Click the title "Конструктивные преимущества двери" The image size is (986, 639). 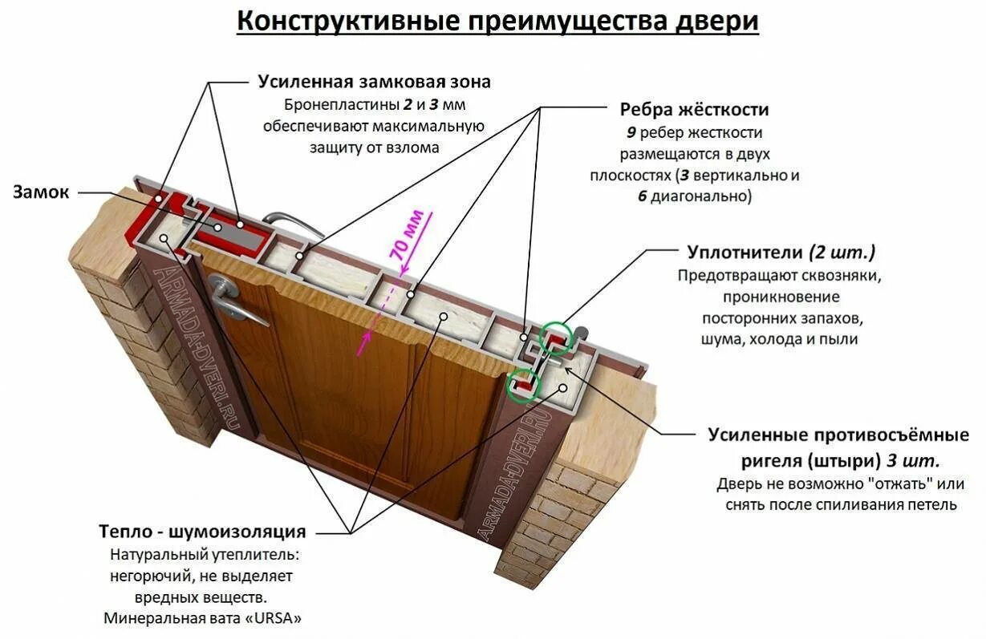point(497,22)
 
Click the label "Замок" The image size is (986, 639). point(41,192)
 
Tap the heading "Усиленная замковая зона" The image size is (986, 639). point(374,82)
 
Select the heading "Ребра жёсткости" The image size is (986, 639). point(695,110)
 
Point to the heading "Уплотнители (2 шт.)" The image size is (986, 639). point(781,253)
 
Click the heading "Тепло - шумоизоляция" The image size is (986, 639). point(202,532)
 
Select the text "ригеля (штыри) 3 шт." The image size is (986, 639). point(839,462)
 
